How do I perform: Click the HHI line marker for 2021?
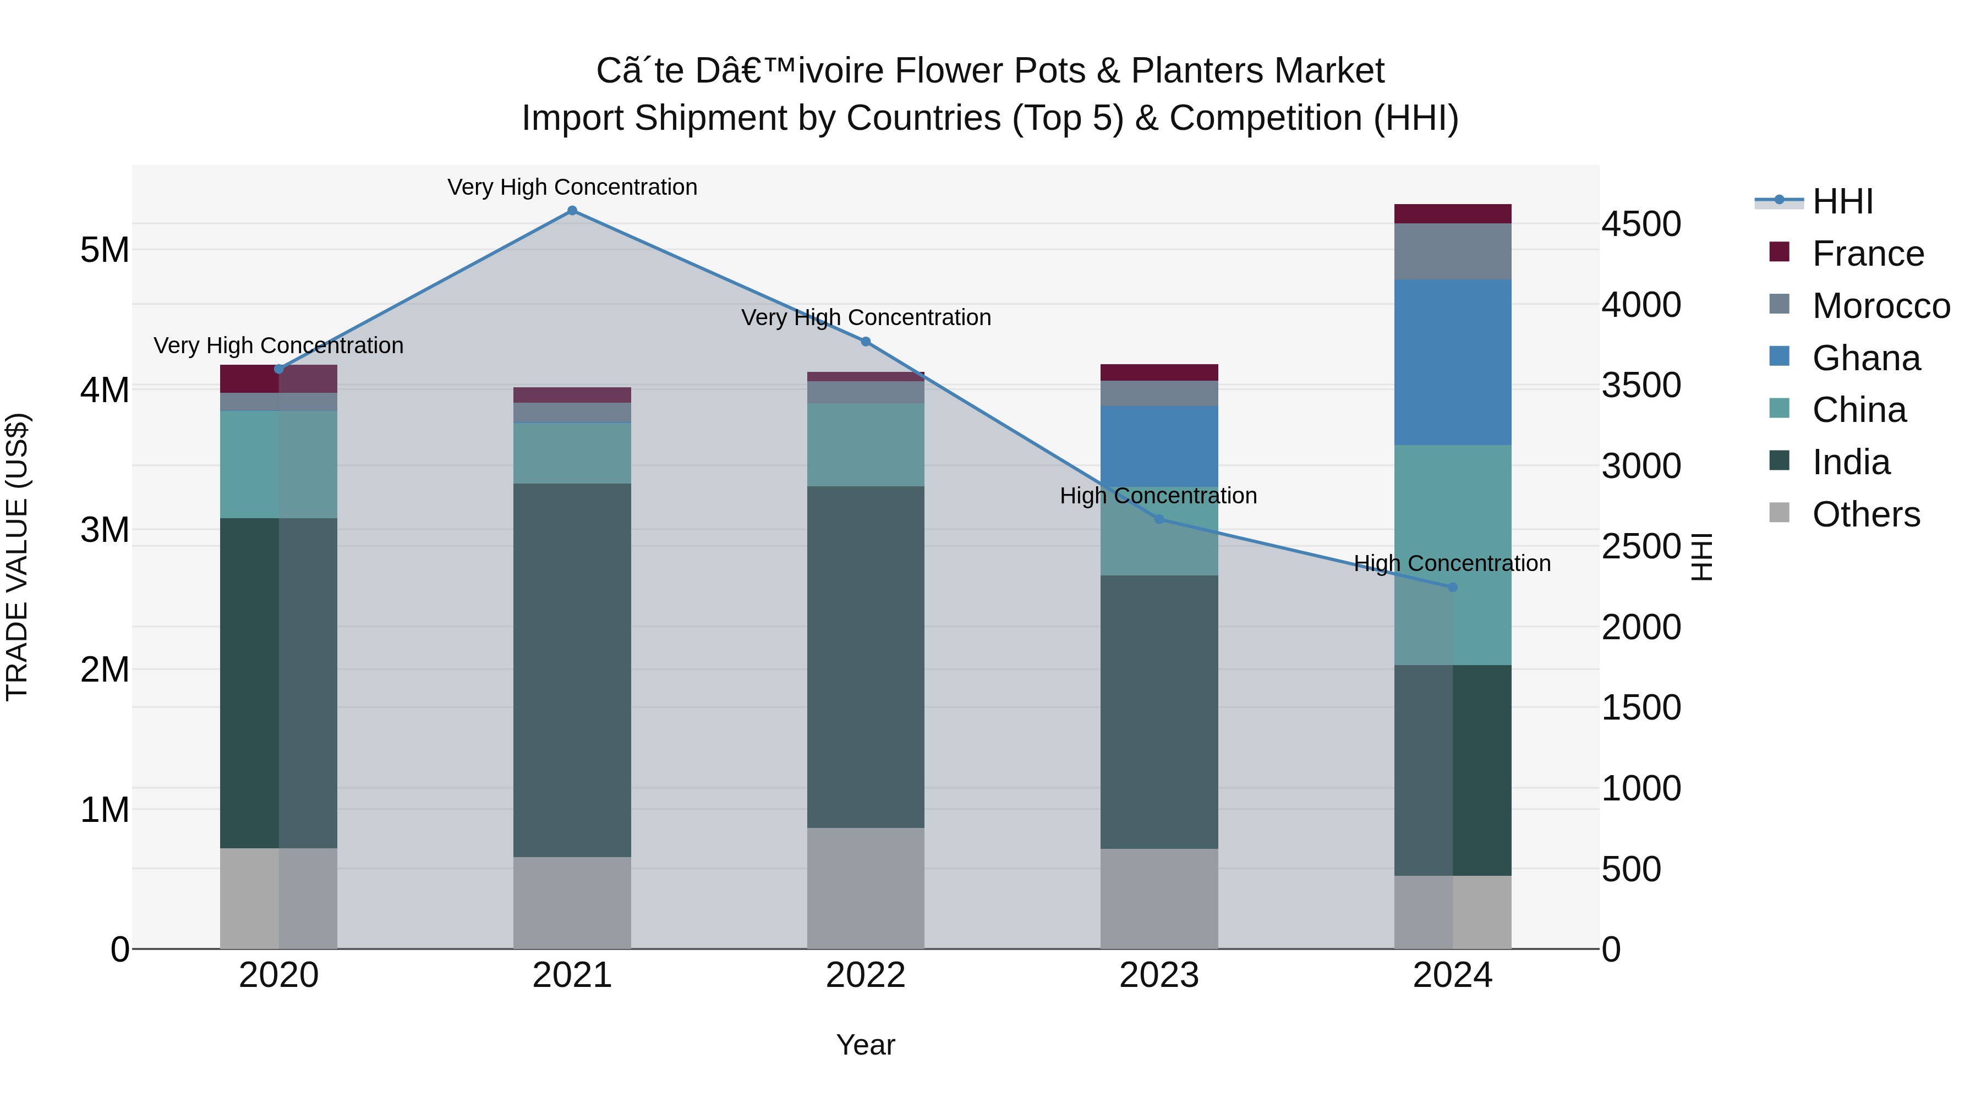tap(572, 211)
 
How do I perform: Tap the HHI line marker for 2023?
tap(1159, 519)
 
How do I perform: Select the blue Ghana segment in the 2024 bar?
tap(1453, 362)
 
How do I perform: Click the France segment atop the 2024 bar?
tap(1453, 214)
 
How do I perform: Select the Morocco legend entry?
tap(1880, 306)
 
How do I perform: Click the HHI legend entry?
tap(1842, 201)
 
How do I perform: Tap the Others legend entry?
tap(1865, 514)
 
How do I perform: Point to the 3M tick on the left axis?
tap(105, 530)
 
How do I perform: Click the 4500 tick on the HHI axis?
tap(1641, 224)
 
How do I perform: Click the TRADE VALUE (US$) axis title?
tap(17, 557)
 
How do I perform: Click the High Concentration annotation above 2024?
tap(1452, 563)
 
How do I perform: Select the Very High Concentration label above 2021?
tap(572, 187)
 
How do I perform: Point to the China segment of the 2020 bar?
tap(278, 464)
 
